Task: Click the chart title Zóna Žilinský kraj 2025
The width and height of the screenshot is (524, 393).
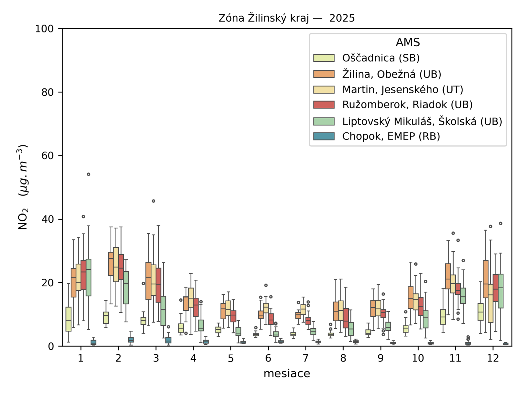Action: click(287, 18)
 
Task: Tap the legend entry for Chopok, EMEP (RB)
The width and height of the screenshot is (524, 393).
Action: click(391, 136)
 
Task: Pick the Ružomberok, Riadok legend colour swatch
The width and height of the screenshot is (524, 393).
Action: click(324, 105)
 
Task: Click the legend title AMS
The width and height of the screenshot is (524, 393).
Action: click(408, 42)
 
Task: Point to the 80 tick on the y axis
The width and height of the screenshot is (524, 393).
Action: click(47, 92)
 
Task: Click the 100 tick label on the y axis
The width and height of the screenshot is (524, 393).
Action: click(45, 29)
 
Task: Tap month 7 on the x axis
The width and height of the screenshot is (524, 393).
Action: click(306, 358)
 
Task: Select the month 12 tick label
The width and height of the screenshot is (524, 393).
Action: click(493, 358)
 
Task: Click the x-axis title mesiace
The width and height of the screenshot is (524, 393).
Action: click(287, 373)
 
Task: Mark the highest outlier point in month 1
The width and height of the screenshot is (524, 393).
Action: click(88, 174)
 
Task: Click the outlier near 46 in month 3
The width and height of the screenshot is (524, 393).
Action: click(154, 201)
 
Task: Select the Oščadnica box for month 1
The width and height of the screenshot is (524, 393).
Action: click(68, 319)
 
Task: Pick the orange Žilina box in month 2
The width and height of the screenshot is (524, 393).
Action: click(111, 264)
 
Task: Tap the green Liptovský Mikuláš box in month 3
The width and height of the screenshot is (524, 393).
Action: click(163, 310)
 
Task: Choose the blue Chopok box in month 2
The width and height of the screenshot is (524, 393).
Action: click(131, 340)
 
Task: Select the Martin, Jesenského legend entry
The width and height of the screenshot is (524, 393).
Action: click(402, 89)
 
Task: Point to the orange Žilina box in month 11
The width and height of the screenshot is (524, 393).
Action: click(448, 276)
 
